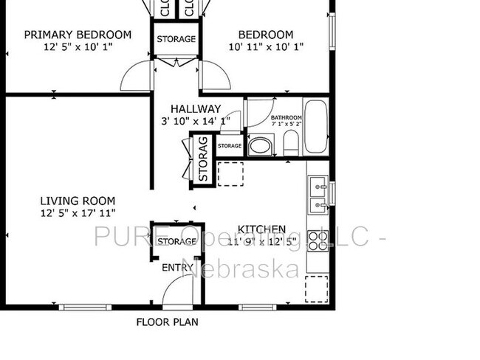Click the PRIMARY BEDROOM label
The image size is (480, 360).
(78, 35)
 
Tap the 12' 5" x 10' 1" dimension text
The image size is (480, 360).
(78, 46)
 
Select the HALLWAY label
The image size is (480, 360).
(196, 109)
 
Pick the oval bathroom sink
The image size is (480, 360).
(259, 146)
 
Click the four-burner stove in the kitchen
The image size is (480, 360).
(318, 241)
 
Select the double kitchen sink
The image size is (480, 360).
(318, 194)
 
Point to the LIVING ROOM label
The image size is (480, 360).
(78, 201)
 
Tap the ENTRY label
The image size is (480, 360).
(177, 268)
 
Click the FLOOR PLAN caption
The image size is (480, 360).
(167, 322)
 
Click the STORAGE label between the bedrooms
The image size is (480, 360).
(176, 39)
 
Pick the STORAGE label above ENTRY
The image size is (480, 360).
(176, 241)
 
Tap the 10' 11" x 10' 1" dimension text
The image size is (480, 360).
(265, 46)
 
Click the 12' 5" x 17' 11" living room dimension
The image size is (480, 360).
(78, 213)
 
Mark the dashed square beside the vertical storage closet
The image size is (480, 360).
(230, 175)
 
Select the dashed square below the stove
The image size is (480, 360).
(317, 288)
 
